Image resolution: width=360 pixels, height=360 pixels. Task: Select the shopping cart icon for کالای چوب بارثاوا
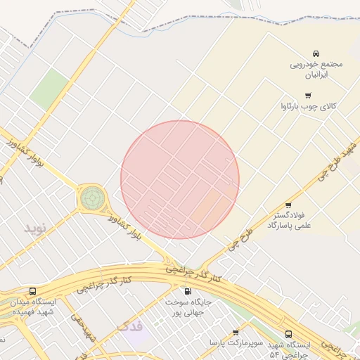point(307,95)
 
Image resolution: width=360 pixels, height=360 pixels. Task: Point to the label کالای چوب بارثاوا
point(310,107)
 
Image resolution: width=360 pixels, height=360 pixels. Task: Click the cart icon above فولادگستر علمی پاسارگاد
point(288,205)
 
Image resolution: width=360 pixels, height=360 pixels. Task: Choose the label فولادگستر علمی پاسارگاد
point(288,219)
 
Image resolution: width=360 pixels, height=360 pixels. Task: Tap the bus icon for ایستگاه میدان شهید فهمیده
point(33,291)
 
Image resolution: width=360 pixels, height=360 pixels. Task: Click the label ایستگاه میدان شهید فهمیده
point(35,305)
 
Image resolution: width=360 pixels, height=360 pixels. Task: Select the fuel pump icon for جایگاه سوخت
point(188,291)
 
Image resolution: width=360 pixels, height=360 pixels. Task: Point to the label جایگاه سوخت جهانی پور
point(188,306)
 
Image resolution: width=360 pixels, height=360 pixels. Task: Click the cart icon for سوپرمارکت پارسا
point(236,333)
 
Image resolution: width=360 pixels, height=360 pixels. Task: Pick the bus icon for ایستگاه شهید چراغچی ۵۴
point(288,335)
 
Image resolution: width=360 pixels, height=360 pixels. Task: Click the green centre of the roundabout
point(91,198)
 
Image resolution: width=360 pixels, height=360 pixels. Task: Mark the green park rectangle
point(49,89)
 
